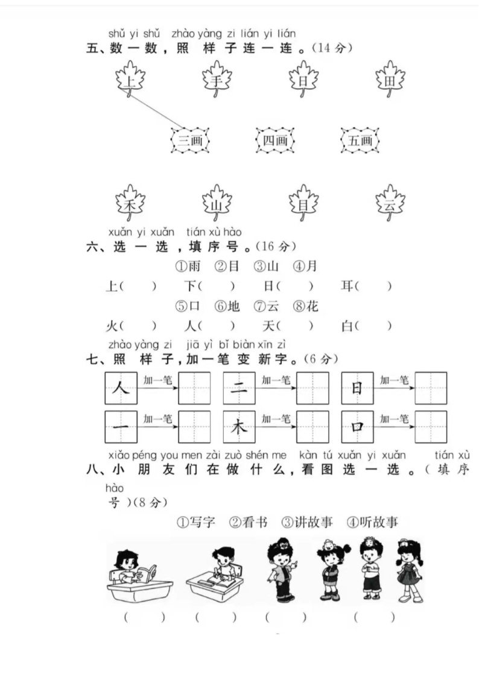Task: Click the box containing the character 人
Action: pyautogui.click(x=121, y=388)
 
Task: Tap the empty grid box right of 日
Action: pyautogui.click(x=431, y=388)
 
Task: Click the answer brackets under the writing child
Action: pyautogui.click(x=215, y=617)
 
